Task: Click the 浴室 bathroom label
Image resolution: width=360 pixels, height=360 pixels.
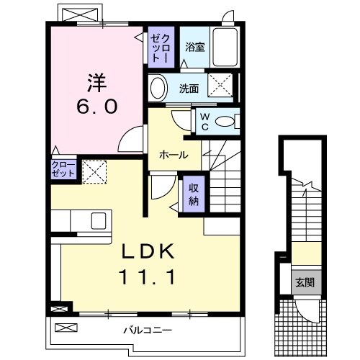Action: (194, 48)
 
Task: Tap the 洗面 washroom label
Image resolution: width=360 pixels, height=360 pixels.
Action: (189, 89)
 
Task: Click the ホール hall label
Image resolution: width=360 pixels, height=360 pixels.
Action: (174, 155)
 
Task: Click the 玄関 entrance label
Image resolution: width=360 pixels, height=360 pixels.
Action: (303, 282)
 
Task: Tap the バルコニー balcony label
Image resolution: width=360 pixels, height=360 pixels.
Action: (146, 330)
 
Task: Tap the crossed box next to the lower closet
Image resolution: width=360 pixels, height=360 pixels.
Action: (92, 171)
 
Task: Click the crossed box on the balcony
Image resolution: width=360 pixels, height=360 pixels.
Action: (66, 328)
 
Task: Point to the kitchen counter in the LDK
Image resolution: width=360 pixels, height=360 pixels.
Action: (80, 220)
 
